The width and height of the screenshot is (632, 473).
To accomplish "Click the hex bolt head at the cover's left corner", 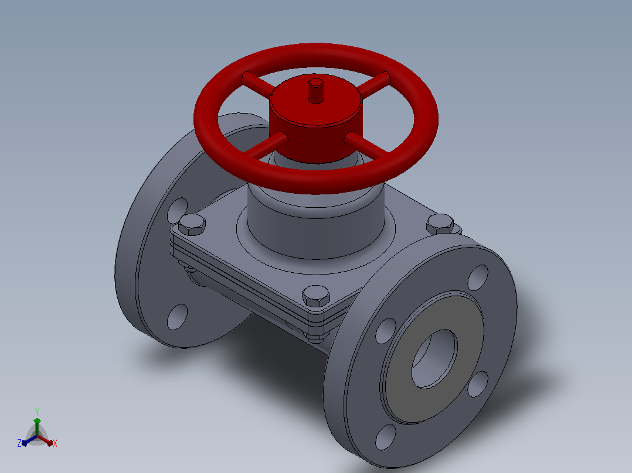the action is [x=192, y=225].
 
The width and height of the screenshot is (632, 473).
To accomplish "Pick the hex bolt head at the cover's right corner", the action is [x=440, y=224].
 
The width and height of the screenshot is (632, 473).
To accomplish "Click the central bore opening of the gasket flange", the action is [x=434, y=359].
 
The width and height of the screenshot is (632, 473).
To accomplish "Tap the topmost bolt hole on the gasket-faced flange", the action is [x=478, y=277].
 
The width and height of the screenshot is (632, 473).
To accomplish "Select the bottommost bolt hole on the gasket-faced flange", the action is [x=385, y=437].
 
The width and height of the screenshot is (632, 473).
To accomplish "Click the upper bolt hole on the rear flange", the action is [x=178, y=210].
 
